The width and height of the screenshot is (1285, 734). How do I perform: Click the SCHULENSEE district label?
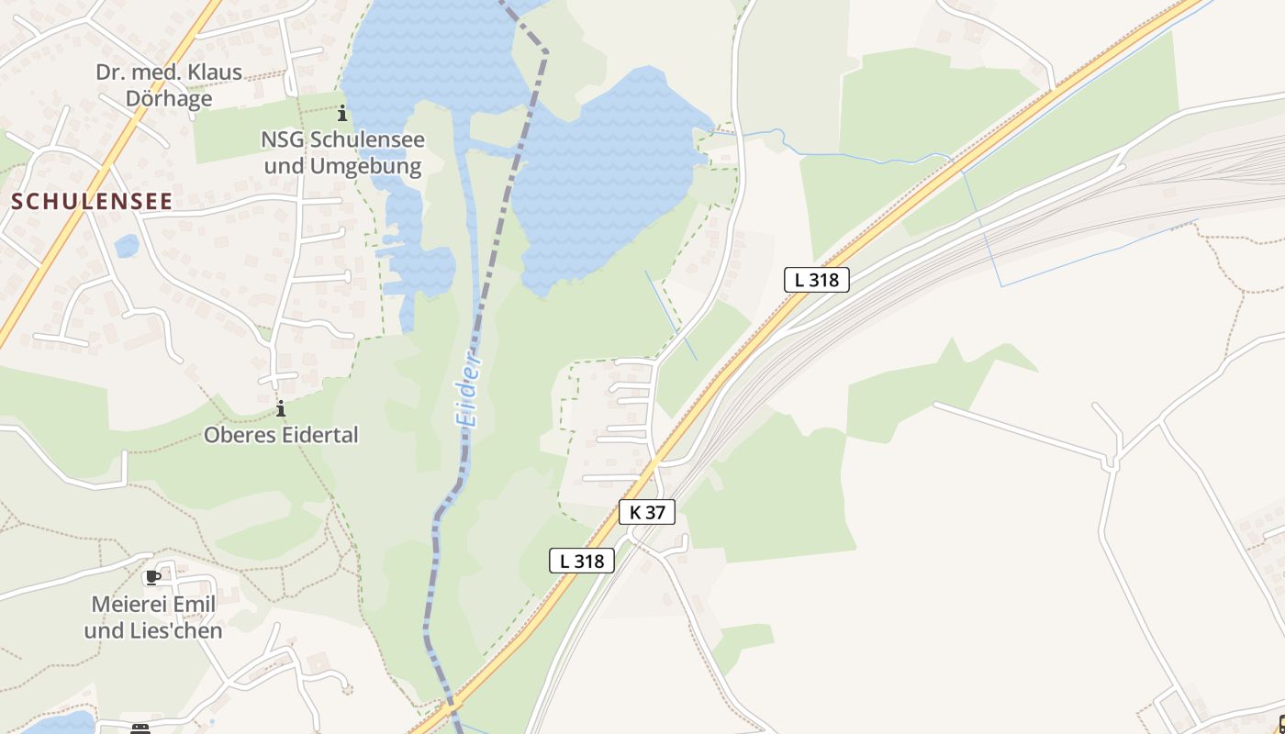[x=92, y=202]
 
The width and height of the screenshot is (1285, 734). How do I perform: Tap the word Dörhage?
[x=169, y=98]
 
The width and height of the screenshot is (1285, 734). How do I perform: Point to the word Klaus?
[x=212, y=72]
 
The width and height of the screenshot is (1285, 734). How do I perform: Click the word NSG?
[x=282, y=139]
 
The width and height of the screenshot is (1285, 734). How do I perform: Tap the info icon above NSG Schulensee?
[x=342, y=114]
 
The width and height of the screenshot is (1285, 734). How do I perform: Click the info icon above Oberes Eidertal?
[x=280, y=408]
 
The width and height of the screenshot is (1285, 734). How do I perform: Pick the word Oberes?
[x=238, y=434]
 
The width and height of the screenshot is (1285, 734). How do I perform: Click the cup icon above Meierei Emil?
[x=152, y=577]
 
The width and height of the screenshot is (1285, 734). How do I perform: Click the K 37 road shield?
[x=647, y=512]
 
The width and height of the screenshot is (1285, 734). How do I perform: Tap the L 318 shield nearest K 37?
[x=582, y=561]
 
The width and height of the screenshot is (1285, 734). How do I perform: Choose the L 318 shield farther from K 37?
[x=816, y=280]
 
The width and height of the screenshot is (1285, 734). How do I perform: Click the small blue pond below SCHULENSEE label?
[x=126, y=246]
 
